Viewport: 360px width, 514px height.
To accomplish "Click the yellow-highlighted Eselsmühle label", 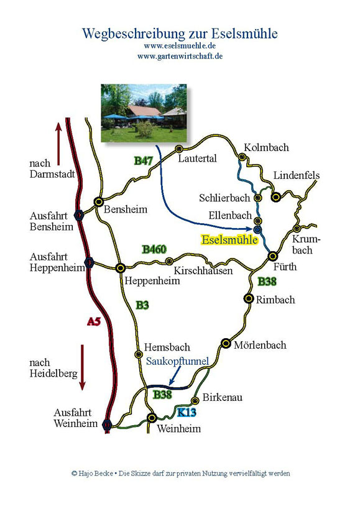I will coord(229,239).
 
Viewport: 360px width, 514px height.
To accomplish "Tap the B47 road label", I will coord(144,161).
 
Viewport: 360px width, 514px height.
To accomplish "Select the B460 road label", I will coord(154,249).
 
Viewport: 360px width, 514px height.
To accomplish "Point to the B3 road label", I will coord(142,305).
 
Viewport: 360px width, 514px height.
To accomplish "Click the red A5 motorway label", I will coord(93,321).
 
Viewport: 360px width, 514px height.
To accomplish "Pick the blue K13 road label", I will coord(187,413).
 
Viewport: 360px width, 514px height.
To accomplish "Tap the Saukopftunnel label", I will coord(177,360).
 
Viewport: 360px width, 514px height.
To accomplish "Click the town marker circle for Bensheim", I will coord(98,201).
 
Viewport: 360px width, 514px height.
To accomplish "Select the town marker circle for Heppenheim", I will coord(121,268).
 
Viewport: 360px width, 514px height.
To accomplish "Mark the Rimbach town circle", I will coord(248,299).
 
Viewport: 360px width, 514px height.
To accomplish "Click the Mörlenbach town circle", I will coord(226,344).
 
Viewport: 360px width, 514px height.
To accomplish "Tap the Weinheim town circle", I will coord(152,418).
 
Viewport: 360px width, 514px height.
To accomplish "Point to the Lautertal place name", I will coord(197,158).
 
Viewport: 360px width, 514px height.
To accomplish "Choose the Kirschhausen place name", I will coord(203,271).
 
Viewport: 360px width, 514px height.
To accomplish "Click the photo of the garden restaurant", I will coord(144,113).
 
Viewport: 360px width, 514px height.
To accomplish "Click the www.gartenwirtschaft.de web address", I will coord(180,56).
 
